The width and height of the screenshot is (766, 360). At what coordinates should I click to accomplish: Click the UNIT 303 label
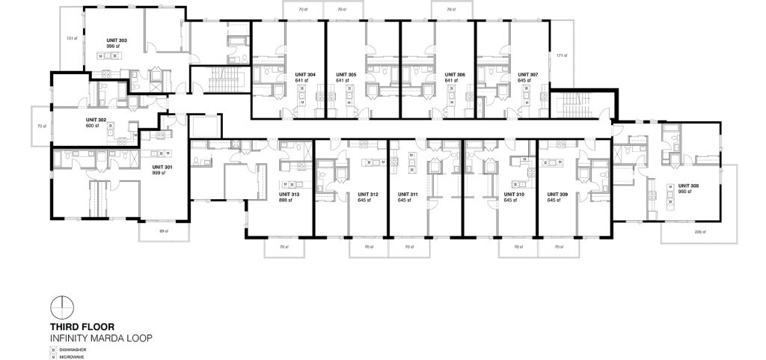(98, 40)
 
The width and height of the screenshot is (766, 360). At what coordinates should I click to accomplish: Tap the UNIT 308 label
(687, 186)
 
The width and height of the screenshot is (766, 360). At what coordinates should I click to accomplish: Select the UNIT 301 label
(162, 168)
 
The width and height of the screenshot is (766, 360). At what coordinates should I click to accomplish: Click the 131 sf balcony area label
(71, 38)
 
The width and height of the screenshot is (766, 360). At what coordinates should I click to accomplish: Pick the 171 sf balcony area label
(561, 55)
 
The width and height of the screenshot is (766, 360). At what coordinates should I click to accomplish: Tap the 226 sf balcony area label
(698, 232)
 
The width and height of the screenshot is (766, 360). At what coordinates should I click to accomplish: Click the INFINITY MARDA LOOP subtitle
(101, 338)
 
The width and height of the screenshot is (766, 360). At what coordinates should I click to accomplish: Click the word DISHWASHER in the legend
(76, 350)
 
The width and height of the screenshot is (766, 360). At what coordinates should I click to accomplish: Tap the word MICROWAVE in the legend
(75, 357)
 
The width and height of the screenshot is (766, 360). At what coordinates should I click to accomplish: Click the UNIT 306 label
(455, 75)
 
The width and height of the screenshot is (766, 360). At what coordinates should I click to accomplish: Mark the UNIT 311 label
(408, 195)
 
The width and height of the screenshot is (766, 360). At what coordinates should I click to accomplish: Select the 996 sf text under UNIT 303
(94, 46)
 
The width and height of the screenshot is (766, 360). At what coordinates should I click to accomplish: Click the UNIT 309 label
(557, 195)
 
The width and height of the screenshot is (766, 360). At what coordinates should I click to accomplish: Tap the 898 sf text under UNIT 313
(284, 201)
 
